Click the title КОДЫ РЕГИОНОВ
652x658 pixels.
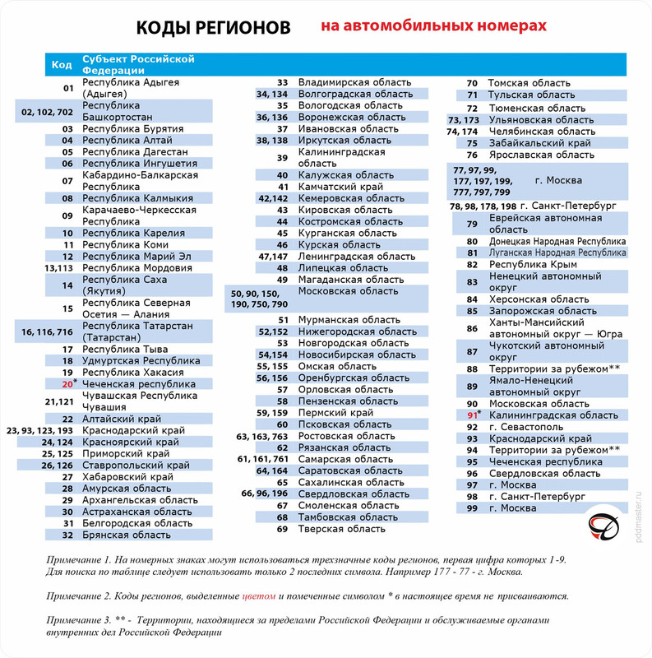[x=213, y=28]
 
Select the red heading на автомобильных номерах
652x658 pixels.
[x=433, y=27]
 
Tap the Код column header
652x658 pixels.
[x=62, y=64]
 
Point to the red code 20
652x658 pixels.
[x=67, y=384]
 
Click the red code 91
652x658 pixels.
[x=472, y=415]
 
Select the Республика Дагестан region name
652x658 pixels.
[x=135, y=151]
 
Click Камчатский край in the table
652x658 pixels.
[x=339, y=187]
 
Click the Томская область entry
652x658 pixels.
[x=529, y=83]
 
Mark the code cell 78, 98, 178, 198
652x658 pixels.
[x=483, y=206]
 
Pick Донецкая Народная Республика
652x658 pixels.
[x=557, y=241]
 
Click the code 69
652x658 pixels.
[x=281, y=529]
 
